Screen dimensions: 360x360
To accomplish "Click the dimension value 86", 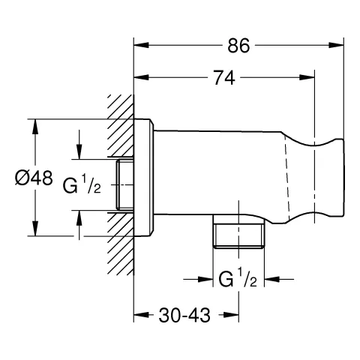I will coord(238,45).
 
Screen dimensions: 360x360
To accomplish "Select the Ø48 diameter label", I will coord(33,178).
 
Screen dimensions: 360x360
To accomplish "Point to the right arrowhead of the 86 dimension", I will coord(337,45).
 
